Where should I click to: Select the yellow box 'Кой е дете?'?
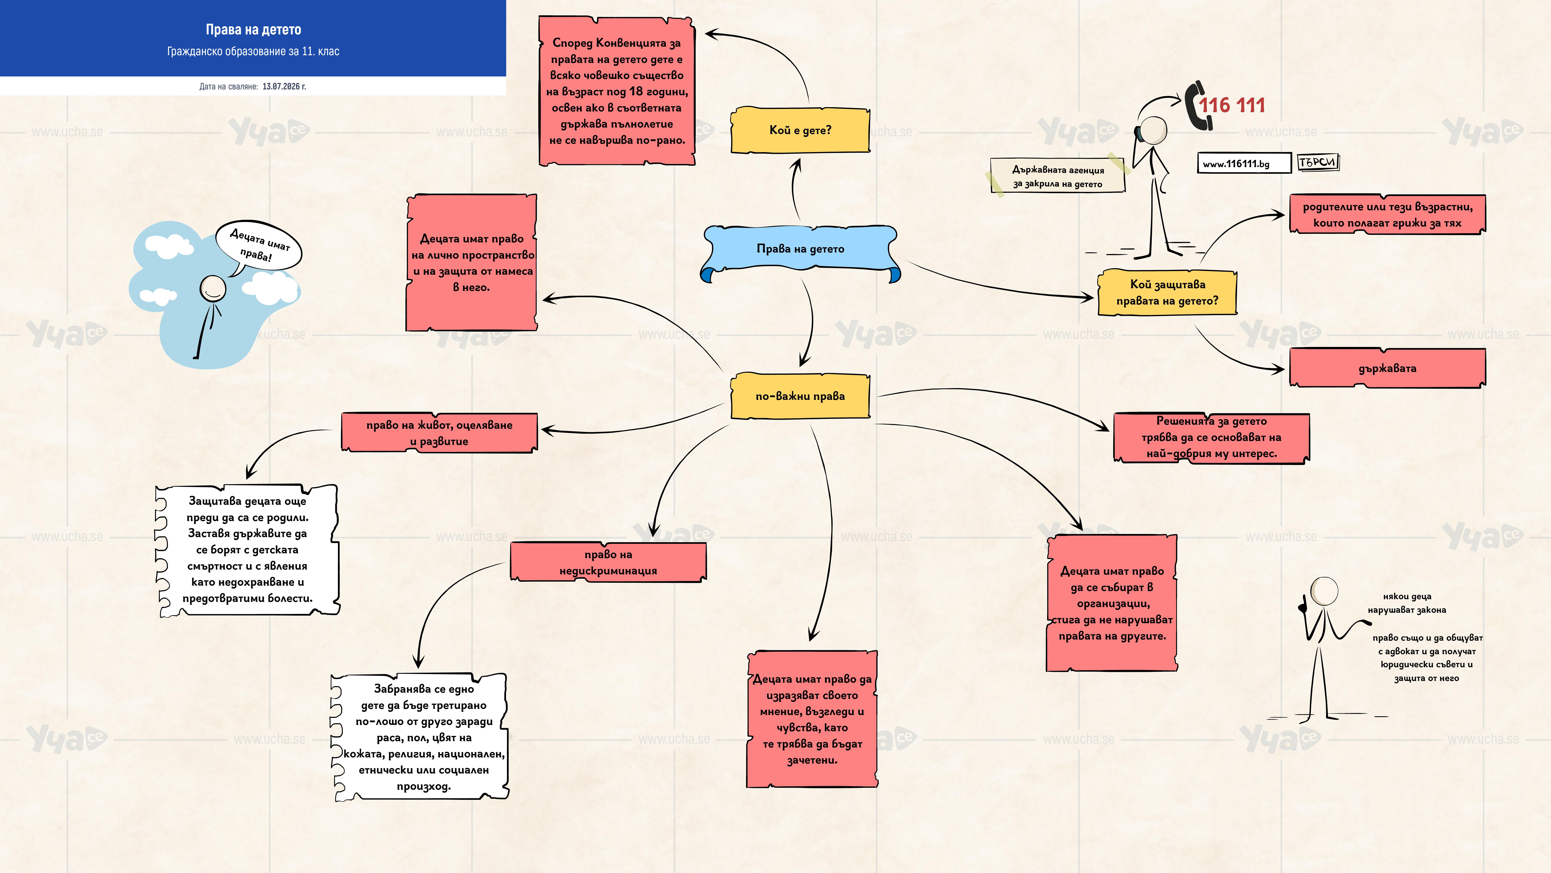[800, 130]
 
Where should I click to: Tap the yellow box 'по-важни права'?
[800, 396]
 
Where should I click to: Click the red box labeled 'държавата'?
[1387, 368]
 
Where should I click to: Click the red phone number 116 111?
[1232, 105]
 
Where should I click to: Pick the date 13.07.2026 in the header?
[284, 86]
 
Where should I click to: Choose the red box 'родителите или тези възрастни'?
[1387, 214]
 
